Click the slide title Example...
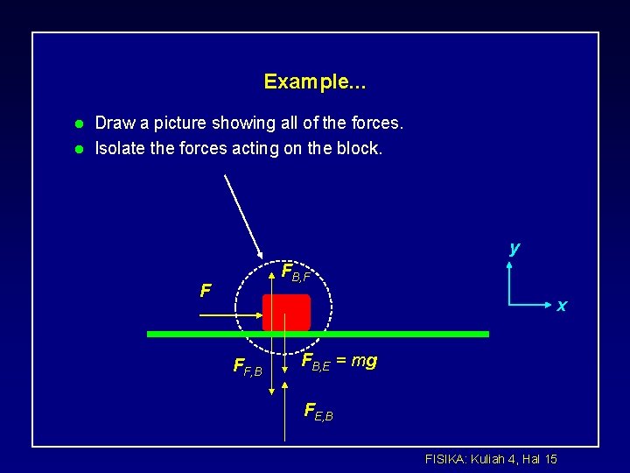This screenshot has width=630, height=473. pyautogui.click(x=315, y=82)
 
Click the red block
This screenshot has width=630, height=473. pyautogui.click(x=286, y=312)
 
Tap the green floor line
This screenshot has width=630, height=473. pyautogui.click(x=394, y=334)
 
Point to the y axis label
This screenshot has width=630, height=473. pyautogui.click(x=514, y=248)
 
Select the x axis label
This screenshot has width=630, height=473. pyautogui.click(x=562, y=306)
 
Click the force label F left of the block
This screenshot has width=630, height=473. pyautogui.click(x=205, y=290)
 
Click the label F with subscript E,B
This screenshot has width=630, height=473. pyautogui.click(x=318, y=409)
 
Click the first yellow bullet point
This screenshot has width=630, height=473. pyautogui.click(x=77, y=124)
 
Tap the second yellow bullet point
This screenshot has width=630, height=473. pyautogui.click(x=77, y=149)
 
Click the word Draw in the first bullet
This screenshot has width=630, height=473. pyautogui.click(x=114, y=124)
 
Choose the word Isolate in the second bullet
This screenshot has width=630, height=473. pyautogui.click(x=121, y=149)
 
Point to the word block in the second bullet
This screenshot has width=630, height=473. pyautogui.click(x=360, y=149)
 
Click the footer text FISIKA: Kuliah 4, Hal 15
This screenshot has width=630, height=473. pyautogui.click(x=490, y=458)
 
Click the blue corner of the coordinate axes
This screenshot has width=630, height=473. pyautogui.click(x=508, y=304)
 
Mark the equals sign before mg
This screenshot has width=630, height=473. pyautogui.click(x=341, y=360)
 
